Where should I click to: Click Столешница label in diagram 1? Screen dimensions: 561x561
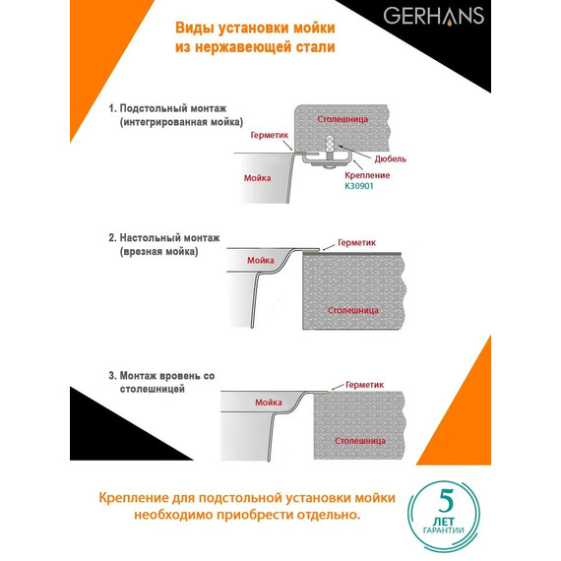click(x=343, y=118)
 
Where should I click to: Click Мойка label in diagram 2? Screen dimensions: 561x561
click(x=260, y=260)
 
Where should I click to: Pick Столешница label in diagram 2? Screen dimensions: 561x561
click(x=350, y=309)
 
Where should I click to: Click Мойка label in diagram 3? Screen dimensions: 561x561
click(x=268, y=403)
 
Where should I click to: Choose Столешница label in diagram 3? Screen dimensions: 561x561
click(x=358, y=440)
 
